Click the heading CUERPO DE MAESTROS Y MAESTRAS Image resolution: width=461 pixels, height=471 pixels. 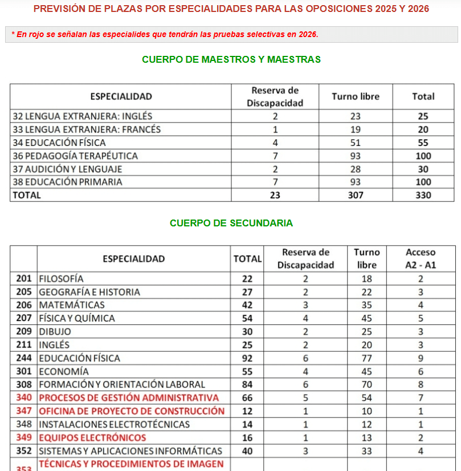231,59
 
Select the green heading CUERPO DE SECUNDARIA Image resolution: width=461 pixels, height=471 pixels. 231,223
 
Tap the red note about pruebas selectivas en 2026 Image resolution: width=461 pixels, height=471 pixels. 165,34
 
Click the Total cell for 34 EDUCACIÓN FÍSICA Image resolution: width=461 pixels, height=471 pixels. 423,143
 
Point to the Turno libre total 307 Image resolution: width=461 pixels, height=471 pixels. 355,195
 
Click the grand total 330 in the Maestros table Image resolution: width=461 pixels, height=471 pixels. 423,195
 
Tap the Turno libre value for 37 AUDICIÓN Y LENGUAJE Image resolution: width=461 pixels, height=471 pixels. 355,169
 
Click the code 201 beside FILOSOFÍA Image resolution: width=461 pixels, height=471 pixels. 24,279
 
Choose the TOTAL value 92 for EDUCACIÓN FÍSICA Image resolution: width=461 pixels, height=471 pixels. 247,358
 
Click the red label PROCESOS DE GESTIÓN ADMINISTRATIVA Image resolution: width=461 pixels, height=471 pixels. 129,397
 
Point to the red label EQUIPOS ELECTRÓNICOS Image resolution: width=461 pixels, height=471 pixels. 92,437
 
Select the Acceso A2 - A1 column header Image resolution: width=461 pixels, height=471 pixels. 420,258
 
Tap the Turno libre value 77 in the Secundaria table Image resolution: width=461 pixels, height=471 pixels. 366,358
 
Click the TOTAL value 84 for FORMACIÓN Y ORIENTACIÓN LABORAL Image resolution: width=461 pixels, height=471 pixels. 247,384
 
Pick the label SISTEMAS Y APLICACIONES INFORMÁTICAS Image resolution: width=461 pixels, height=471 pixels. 130,450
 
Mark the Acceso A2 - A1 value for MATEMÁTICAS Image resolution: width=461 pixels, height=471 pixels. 420,305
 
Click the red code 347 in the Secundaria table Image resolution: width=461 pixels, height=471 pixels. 24,411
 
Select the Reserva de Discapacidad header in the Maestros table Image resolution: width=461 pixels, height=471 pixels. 275,96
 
